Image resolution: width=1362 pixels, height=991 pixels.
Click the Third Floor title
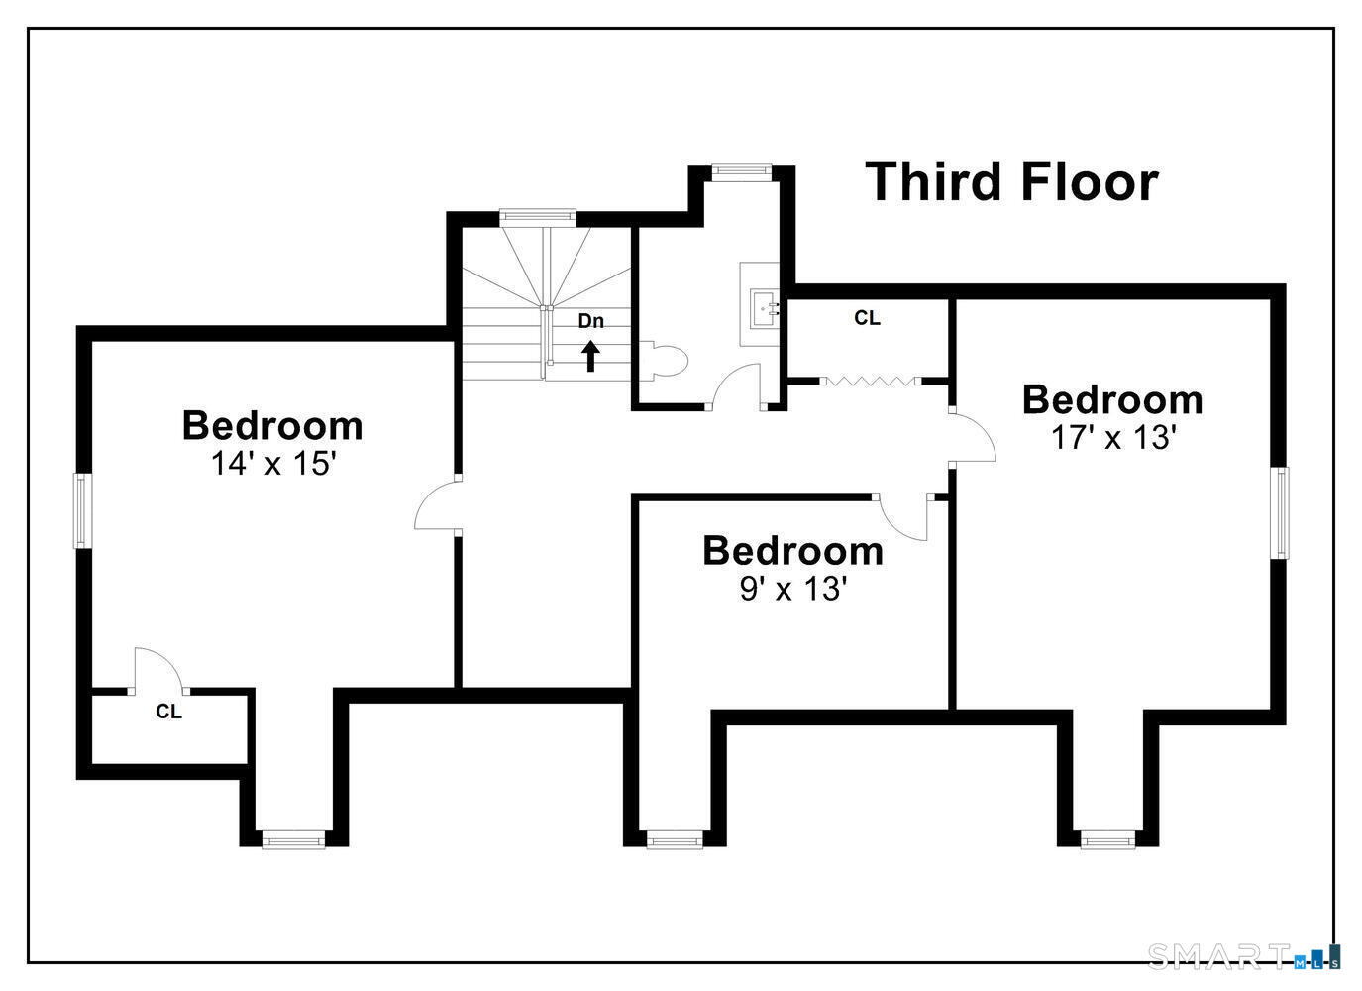(x=1011, y=182)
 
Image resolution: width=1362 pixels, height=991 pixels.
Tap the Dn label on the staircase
(x=590, y=321)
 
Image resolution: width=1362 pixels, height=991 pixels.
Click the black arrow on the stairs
(x=590, y=356)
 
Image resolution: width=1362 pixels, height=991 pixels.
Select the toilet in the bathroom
(x=663, y=362)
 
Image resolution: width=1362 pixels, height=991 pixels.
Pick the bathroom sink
(x=765, y=309)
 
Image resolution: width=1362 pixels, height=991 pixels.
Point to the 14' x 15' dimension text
(x=273, y=464)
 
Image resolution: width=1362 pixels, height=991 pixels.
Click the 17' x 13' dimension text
(x=1111, y=437)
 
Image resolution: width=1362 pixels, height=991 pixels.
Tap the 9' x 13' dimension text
(x=792, y=589)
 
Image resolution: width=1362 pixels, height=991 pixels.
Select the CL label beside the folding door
(x=867, y=317)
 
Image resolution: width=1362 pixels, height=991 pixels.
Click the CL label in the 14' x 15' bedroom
(x=169, y=712)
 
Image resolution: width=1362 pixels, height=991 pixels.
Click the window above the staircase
(x=538, y=218)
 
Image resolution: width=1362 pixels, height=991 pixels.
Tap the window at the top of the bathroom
(x=742, y=172)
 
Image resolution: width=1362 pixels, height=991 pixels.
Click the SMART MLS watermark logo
(x=1243, y=957)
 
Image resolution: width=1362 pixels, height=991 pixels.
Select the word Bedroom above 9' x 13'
(x=792, y=551)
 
